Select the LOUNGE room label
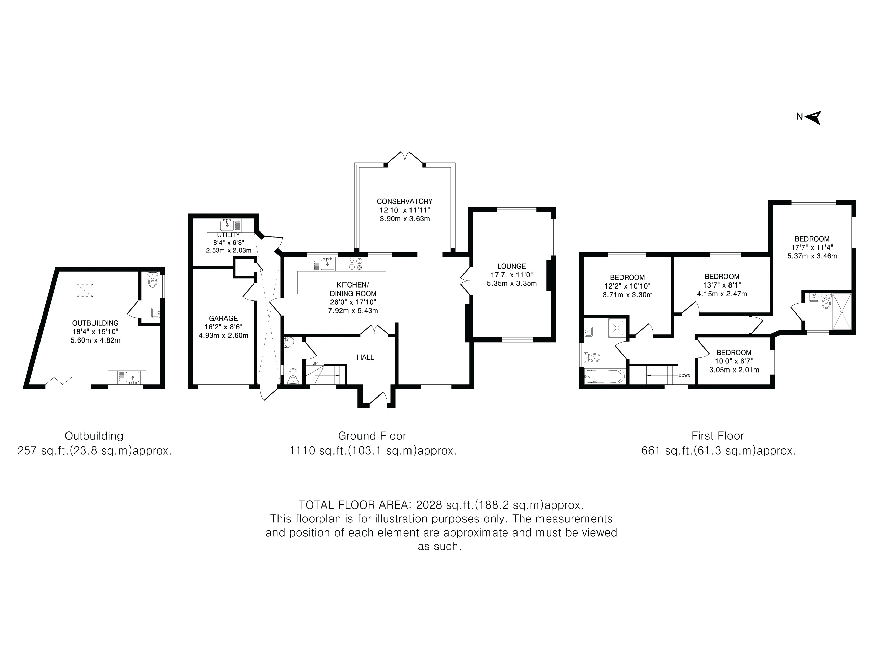click(x=511, y=267)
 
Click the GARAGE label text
click(x=223, y=318)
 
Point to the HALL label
click(x=366, y=357)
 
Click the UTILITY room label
click(x=229, y=235)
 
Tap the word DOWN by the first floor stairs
click(x=684, y=375)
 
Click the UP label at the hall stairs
click(x=315, y=363)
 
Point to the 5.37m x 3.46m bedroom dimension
click(x=812, y=256)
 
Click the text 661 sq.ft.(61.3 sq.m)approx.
click(x=718, y=451)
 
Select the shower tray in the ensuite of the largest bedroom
click(x=842, y=311)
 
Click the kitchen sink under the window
click(x=327, y=264)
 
